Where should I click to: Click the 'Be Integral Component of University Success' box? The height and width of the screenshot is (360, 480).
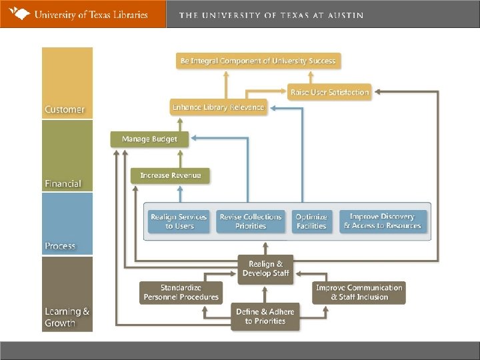tap(258, 61)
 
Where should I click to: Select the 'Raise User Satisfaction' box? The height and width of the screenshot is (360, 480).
tap(330, 92)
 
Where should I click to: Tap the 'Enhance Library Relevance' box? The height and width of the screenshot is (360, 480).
tap(218, 107)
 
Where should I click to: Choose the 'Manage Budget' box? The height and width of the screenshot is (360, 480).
tap(149, 139)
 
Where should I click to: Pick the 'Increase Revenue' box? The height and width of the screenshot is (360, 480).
tap(170, 175)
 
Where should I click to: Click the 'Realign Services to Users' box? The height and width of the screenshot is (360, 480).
tap(179, 221)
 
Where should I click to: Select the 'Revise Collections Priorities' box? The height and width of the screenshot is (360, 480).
tap(251, 221)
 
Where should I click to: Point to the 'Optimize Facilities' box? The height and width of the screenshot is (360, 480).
tap(311, 221)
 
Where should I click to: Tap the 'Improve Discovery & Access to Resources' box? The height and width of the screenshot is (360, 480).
tap(382, 221)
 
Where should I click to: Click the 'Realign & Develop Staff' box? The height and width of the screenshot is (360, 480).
tap(265, 269)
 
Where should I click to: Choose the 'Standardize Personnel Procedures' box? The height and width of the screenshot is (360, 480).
tap(180, 292)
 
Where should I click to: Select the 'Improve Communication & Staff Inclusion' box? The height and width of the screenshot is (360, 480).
tap(359, 292)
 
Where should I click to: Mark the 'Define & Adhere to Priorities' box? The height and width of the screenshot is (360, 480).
tap(265, 316)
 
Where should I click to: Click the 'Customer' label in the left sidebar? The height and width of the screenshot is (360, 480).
tap(65, 109)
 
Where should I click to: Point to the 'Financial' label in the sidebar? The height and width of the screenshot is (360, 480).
tap(63, 183)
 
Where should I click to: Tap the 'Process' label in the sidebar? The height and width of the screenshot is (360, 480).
tap(61, 246)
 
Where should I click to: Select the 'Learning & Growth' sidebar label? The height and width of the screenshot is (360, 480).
tap(67, 317)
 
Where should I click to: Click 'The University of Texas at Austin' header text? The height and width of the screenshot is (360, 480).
tap(271, 15)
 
